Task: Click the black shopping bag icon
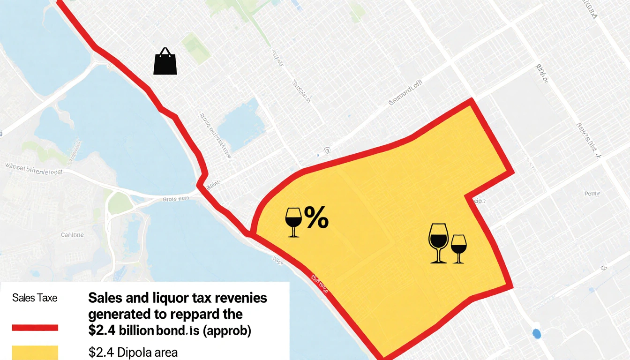click(165, 62)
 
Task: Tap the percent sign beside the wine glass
click(316, 218)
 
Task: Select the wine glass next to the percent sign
click(293, 221)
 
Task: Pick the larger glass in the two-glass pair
click(438, 242)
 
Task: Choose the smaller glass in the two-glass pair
click(458, 248)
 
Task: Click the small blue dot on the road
click(537, 334)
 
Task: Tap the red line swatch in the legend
click(35, 328)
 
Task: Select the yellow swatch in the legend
click(35, 352)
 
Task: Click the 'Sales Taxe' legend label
click(35, 298)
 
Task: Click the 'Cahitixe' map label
click(72, 234)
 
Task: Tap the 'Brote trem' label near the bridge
click(176, 199)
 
